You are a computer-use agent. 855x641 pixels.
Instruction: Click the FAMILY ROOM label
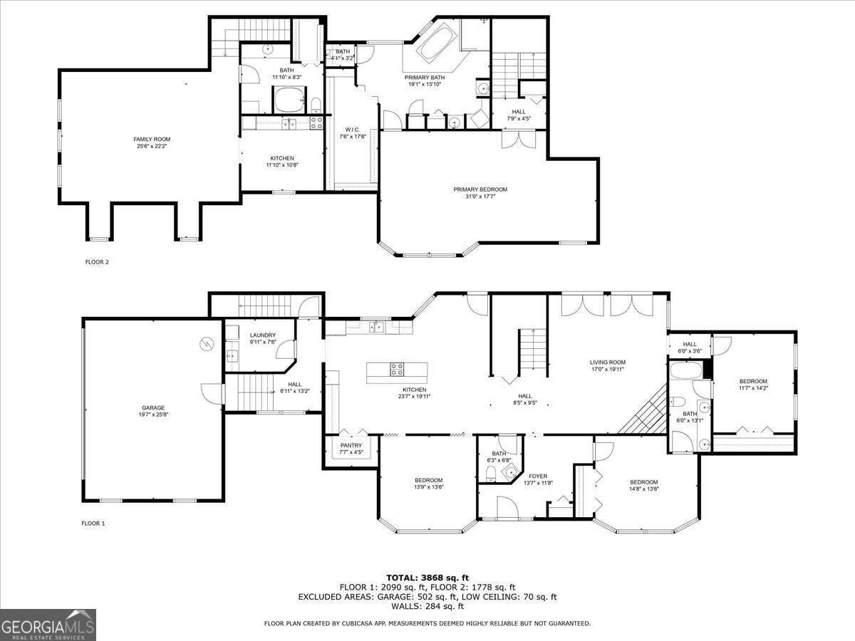coord(152,139)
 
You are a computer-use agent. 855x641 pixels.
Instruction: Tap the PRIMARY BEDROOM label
coord(480,189)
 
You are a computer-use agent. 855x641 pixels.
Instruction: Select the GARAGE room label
coord(152,407)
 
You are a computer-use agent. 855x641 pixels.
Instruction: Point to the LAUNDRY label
coord(262,335)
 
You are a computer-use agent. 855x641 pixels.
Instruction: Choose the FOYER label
coord(537,476)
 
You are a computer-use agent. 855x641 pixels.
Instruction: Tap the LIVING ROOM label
coord(607,362)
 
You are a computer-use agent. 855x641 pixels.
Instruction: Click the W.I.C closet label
coord(352,129)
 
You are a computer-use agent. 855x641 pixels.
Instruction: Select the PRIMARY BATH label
coord(425,77)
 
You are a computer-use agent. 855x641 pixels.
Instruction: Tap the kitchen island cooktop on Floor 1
coord(396,369)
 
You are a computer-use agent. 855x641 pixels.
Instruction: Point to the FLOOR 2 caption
coord(97,262)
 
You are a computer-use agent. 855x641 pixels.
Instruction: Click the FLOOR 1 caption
coord(93,523)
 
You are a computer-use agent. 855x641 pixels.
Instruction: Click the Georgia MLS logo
coord(48,625)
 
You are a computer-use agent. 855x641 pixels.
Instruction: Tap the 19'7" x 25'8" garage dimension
coord(152,415)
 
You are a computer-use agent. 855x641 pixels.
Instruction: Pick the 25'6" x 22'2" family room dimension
coord(152,146)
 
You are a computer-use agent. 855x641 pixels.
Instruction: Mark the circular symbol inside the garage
coord(207,343)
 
